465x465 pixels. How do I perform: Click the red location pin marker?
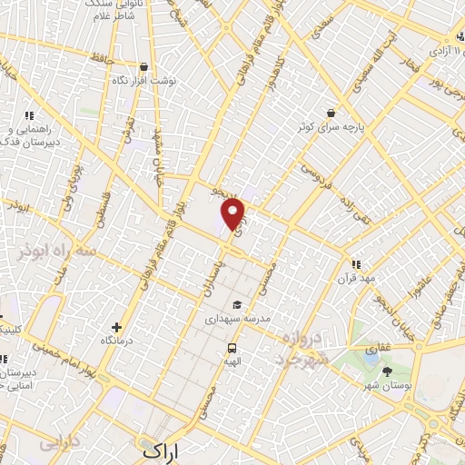[234, 213]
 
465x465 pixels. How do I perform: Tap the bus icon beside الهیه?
[232, 348]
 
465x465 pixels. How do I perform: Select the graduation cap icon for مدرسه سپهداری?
[236, 305]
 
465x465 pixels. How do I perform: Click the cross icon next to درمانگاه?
[115, 327]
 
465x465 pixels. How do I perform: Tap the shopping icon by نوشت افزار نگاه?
[143, 65]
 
